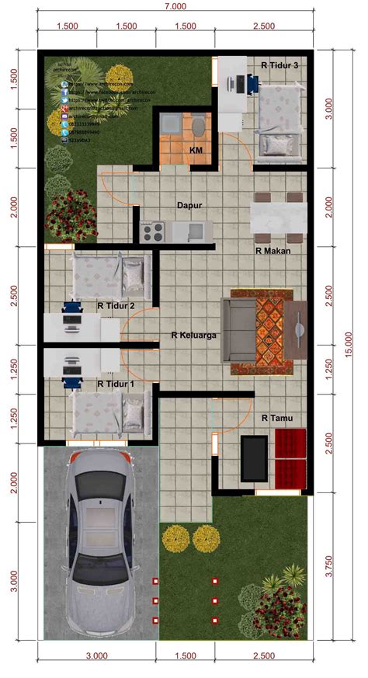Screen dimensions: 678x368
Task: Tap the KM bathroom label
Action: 196,149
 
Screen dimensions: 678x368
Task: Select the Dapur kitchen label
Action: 190,205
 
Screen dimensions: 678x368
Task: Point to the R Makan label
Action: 273,251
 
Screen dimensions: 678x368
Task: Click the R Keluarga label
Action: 193,336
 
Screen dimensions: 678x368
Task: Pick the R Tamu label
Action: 276,419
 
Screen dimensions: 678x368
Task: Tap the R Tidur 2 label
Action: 116,306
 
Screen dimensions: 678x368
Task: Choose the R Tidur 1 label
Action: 116,384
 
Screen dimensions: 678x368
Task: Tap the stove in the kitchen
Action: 151,230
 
